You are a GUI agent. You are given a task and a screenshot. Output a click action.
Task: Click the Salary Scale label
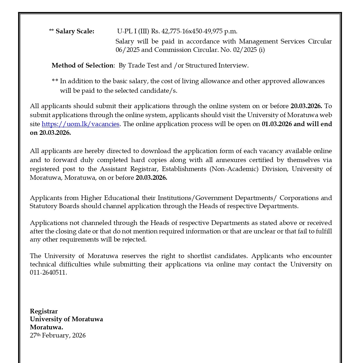(75, 31)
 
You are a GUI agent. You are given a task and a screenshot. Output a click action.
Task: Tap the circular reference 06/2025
(125, 50)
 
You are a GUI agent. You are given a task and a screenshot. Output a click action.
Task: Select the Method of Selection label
(82, 66)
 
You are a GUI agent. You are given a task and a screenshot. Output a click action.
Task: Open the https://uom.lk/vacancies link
(80, 124)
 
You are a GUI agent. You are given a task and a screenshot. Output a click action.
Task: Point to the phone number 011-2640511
(48, 273)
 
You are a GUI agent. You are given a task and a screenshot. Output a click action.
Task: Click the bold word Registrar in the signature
(44, 311)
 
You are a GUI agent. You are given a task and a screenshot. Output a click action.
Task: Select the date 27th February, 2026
(58, 335)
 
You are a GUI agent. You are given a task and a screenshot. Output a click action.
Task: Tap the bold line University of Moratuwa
(66, 319)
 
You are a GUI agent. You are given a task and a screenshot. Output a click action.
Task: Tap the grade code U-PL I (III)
(133, 31)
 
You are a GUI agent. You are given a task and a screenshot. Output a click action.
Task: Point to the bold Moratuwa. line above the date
(46, 327)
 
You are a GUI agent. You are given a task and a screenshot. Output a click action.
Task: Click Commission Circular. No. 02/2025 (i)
(209, 50)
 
